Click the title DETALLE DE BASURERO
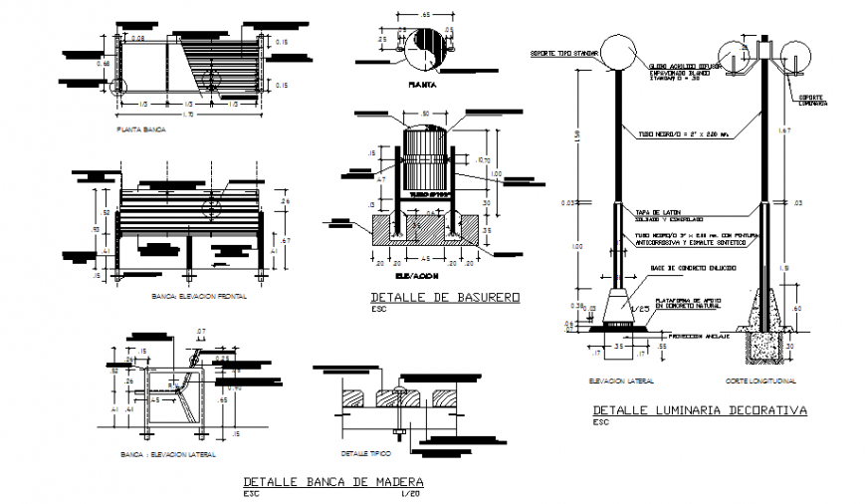pyautogui.click(x=445, y=297)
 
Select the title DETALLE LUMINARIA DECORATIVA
pyautogui.click(x=699, y=410)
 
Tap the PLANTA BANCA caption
pyautogui.click(x=141, y=130)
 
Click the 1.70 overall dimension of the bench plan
pyautogui.click(x=190, y=116)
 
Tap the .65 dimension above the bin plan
pyautogui.click(x=425, y=17)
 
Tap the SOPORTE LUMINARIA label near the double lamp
pyautogui.click(x=816, y=101)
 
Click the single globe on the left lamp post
pyautogui.click(x=618, y=52)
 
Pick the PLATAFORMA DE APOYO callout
pyautogui.click(x=687, y=302)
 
